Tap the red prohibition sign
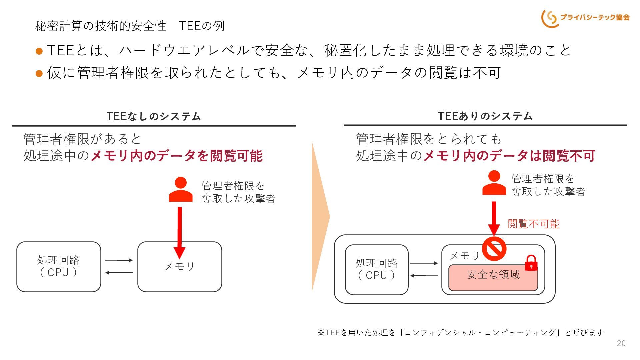pos(494,249)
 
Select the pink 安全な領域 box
pos(493,278)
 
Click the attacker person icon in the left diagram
pos(181,189)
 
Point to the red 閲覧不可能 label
pos(533,224)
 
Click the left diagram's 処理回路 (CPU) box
pos(59,267)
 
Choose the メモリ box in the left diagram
pos(180,267)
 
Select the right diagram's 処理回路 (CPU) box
pos(377,270)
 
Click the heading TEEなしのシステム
pos(154,116)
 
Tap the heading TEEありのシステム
pos(485,116)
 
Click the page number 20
pos(621,343)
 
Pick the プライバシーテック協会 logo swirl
pos(549,19)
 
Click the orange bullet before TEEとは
pos(39,51)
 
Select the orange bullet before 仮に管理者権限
pos(39,73)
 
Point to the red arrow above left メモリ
pos(180,233)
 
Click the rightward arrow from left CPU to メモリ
pos(119,260)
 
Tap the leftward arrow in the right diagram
pos(424,276)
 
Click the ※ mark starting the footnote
pos(321,333)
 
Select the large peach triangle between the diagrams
pos(319,217)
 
